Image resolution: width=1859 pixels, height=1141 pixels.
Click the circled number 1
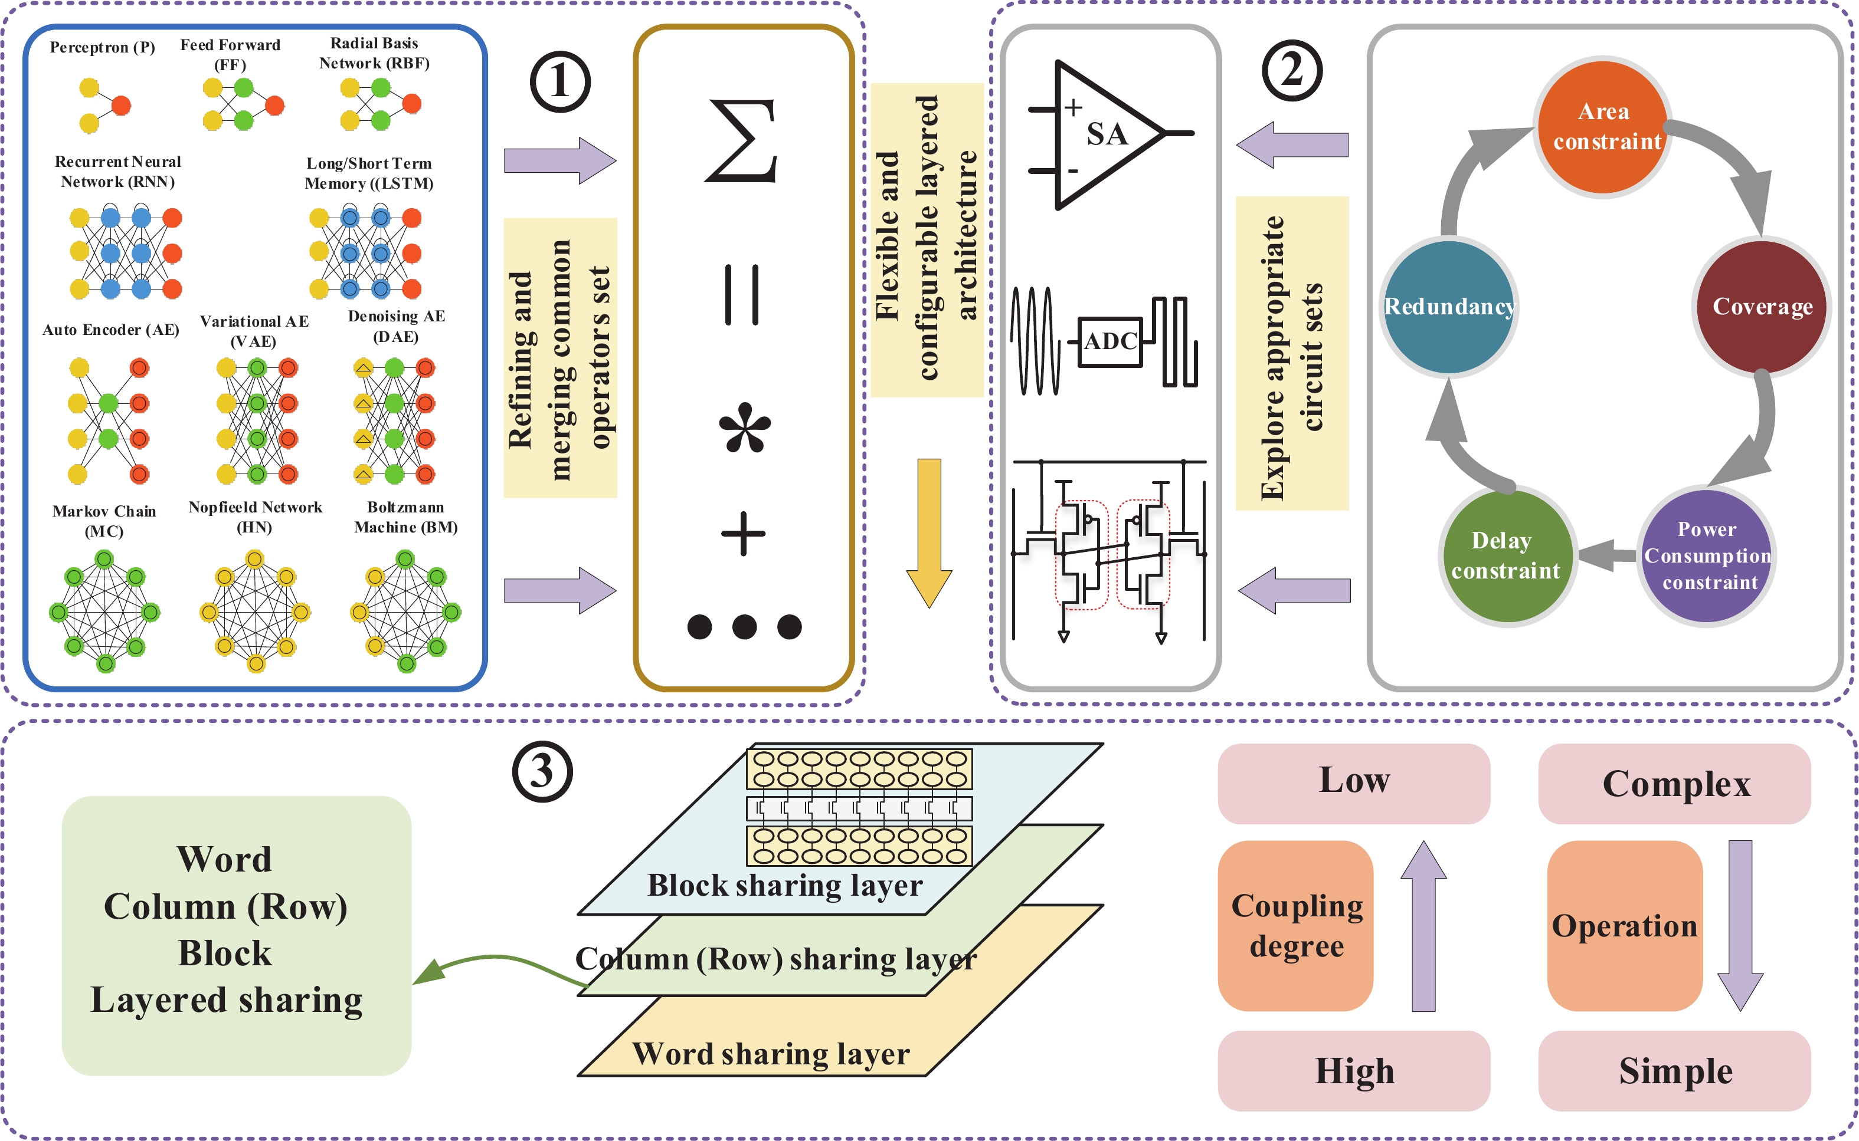click(559, 81)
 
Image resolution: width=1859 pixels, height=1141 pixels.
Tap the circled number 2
click(1292, 71)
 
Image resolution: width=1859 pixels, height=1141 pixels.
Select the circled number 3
click(542, 772)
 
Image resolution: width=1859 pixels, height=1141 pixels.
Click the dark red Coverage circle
click(1762, 307)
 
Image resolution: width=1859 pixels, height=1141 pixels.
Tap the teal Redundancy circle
click(1448, 307)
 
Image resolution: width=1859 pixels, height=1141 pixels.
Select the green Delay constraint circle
click(1505, 556)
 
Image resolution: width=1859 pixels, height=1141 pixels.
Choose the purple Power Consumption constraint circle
click(1707, 556)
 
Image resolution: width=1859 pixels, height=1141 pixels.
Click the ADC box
click(1110, 342)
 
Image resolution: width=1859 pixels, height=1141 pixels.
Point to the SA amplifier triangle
click(1102, 134)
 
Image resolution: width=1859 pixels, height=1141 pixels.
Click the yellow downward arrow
click(929, 532)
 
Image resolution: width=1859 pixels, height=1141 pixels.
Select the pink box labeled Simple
click(1674, 1070)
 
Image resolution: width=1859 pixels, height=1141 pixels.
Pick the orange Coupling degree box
click(1296, 925)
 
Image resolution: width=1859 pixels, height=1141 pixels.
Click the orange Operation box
click(1624, 925)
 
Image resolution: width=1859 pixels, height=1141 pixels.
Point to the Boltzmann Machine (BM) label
click(405, 517)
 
